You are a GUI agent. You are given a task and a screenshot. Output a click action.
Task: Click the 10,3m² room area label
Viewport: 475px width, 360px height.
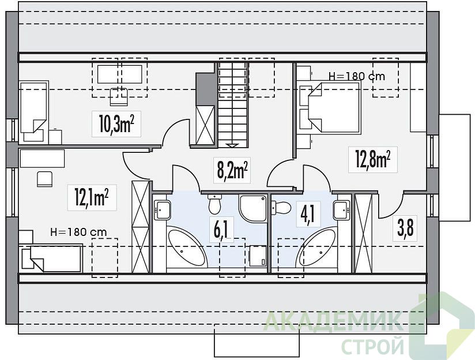coord(116,124)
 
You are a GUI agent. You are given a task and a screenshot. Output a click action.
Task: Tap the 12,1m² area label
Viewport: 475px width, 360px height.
coord(92,197)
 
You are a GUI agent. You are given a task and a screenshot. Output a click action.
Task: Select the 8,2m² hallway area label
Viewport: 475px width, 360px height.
coord(232,170)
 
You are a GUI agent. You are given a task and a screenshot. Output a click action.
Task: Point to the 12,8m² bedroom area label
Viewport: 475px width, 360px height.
coord(372,160)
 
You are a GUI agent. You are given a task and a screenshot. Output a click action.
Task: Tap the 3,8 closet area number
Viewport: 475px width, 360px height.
coord(405,228)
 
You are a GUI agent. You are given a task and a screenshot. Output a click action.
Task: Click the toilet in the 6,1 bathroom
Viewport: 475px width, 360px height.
coord(215,204)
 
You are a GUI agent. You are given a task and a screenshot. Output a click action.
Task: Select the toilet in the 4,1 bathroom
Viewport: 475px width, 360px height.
coord(281,208)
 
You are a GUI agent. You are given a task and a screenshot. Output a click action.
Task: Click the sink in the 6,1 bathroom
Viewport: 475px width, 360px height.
coord(162,210)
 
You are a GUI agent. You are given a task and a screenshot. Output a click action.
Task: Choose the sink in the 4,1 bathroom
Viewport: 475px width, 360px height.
coord(342,210)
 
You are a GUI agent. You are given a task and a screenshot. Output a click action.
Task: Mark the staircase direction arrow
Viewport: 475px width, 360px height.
coord(233,145)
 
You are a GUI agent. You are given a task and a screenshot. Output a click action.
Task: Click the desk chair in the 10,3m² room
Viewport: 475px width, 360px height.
coord(119,97)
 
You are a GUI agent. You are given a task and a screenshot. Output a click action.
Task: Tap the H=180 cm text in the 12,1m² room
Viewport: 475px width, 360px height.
coord(78,232)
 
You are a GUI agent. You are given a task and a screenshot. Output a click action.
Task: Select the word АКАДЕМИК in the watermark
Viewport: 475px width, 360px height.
coord(334,322)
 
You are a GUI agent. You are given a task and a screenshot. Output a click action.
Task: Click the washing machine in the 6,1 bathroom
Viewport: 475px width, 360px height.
coord(258,256)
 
